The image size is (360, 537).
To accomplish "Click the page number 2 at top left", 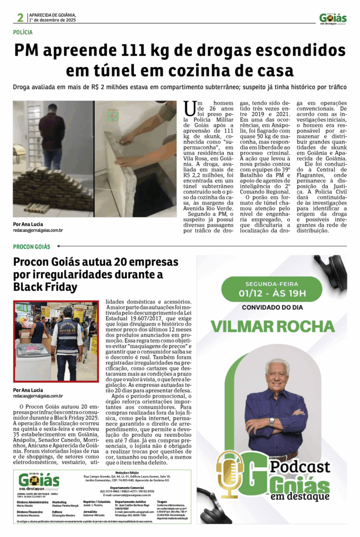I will click(x=20, y=18).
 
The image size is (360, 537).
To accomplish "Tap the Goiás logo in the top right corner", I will click(x=333, y=18).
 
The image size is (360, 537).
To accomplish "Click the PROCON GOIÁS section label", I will click(x=32, y=246).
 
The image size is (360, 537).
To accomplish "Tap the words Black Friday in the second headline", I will click(x=45, y=287).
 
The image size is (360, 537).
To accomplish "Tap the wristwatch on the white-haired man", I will click(x=271, y=421).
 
